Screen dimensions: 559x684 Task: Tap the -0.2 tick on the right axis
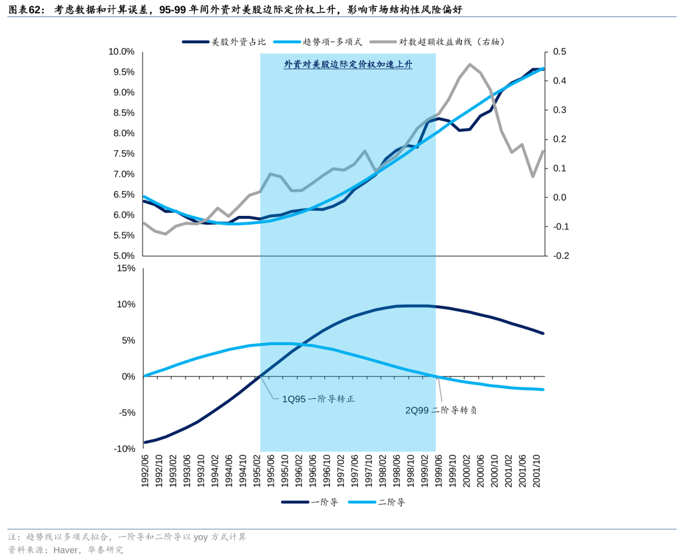560,256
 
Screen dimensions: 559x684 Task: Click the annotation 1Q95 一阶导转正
319,399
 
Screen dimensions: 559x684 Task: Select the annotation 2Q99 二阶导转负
441,410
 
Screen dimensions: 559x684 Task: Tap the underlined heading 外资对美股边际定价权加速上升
348,65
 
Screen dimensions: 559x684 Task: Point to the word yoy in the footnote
200,537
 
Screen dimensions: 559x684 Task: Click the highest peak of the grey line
469,64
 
